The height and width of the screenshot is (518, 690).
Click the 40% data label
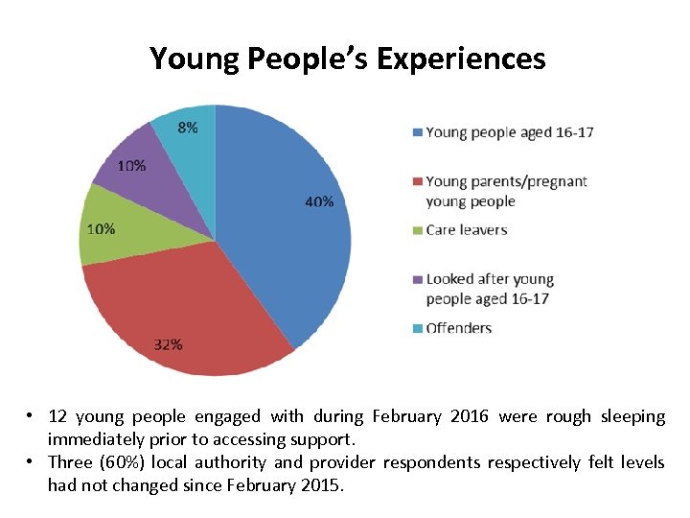[x=320, y=201]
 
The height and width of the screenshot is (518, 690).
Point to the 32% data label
[x=168, y=344]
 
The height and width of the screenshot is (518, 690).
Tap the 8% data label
[x=188, y=127]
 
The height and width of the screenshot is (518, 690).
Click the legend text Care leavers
[x=467, y=230]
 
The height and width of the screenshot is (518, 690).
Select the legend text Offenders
[x=458, y=328]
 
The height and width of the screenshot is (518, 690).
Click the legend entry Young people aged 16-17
[x=509, y=132]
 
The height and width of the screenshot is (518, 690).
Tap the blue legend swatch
[x=417, y=132]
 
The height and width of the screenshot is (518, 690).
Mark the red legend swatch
[x=417, y=181]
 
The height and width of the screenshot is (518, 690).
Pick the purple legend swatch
[x=417, y=279]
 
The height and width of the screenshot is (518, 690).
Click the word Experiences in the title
[x=461, y=59]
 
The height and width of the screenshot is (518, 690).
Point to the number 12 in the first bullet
[x=57, y=416]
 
